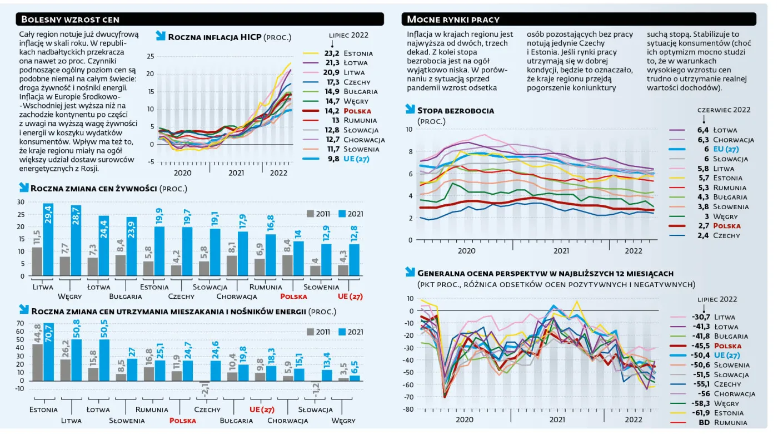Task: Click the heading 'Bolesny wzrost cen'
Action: pos(70,19)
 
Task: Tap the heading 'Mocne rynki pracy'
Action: pos(453,19)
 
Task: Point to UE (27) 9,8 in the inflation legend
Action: pos(336,159)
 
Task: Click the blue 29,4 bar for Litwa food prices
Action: pos(48,240)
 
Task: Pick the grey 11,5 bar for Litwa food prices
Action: pos(37,262)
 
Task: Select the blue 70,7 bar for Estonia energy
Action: pos(49,352)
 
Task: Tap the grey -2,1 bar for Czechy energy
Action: pos(205,382)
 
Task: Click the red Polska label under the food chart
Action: pos(293,297)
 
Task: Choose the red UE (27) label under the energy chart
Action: pos(262,410)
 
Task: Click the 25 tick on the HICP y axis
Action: pos(151,56)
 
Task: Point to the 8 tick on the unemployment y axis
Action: pos(411,151)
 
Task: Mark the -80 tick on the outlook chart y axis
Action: pos(408,409)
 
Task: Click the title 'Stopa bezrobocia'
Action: pos(455,111)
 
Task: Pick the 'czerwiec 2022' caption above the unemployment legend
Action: pos(724,110)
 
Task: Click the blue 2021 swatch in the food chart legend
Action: pos(342,214)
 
